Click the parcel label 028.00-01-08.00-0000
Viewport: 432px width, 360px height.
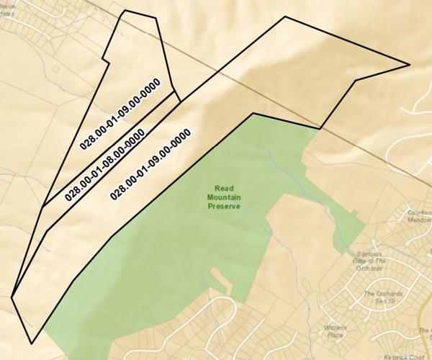(x=104, y=163)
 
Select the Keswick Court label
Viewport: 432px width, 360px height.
(x=404, y=356)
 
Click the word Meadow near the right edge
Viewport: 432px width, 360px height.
(x=419, y=221)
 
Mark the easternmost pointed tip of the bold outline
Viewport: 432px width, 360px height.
(x=410, y=65)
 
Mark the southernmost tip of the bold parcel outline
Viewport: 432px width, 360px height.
(x=31, y=343)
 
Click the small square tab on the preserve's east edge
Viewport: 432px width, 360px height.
(x=354, y=212)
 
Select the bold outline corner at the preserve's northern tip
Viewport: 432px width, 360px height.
(x=253, y=113)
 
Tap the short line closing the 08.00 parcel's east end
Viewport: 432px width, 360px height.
(x=177, y=96)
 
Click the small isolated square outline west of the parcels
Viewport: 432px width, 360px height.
(x=55, y=68)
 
